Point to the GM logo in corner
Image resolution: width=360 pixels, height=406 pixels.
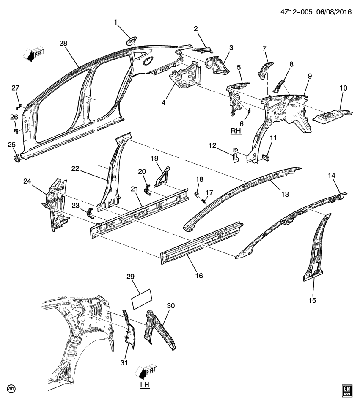pos(347,390)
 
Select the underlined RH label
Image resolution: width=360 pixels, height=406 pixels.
pos(236,132)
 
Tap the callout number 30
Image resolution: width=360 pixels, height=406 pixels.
pos(170,306)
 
